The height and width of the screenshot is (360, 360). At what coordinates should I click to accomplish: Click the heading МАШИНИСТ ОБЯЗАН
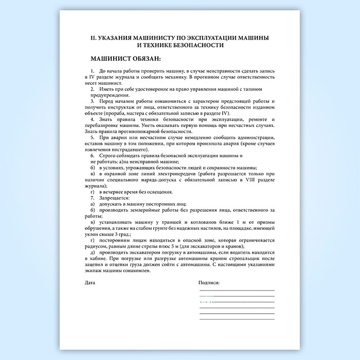tap(125, 59)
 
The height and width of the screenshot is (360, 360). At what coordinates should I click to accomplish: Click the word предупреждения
tap(111, 95)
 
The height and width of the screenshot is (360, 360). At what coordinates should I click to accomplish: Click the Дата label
tap(90, 283)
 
